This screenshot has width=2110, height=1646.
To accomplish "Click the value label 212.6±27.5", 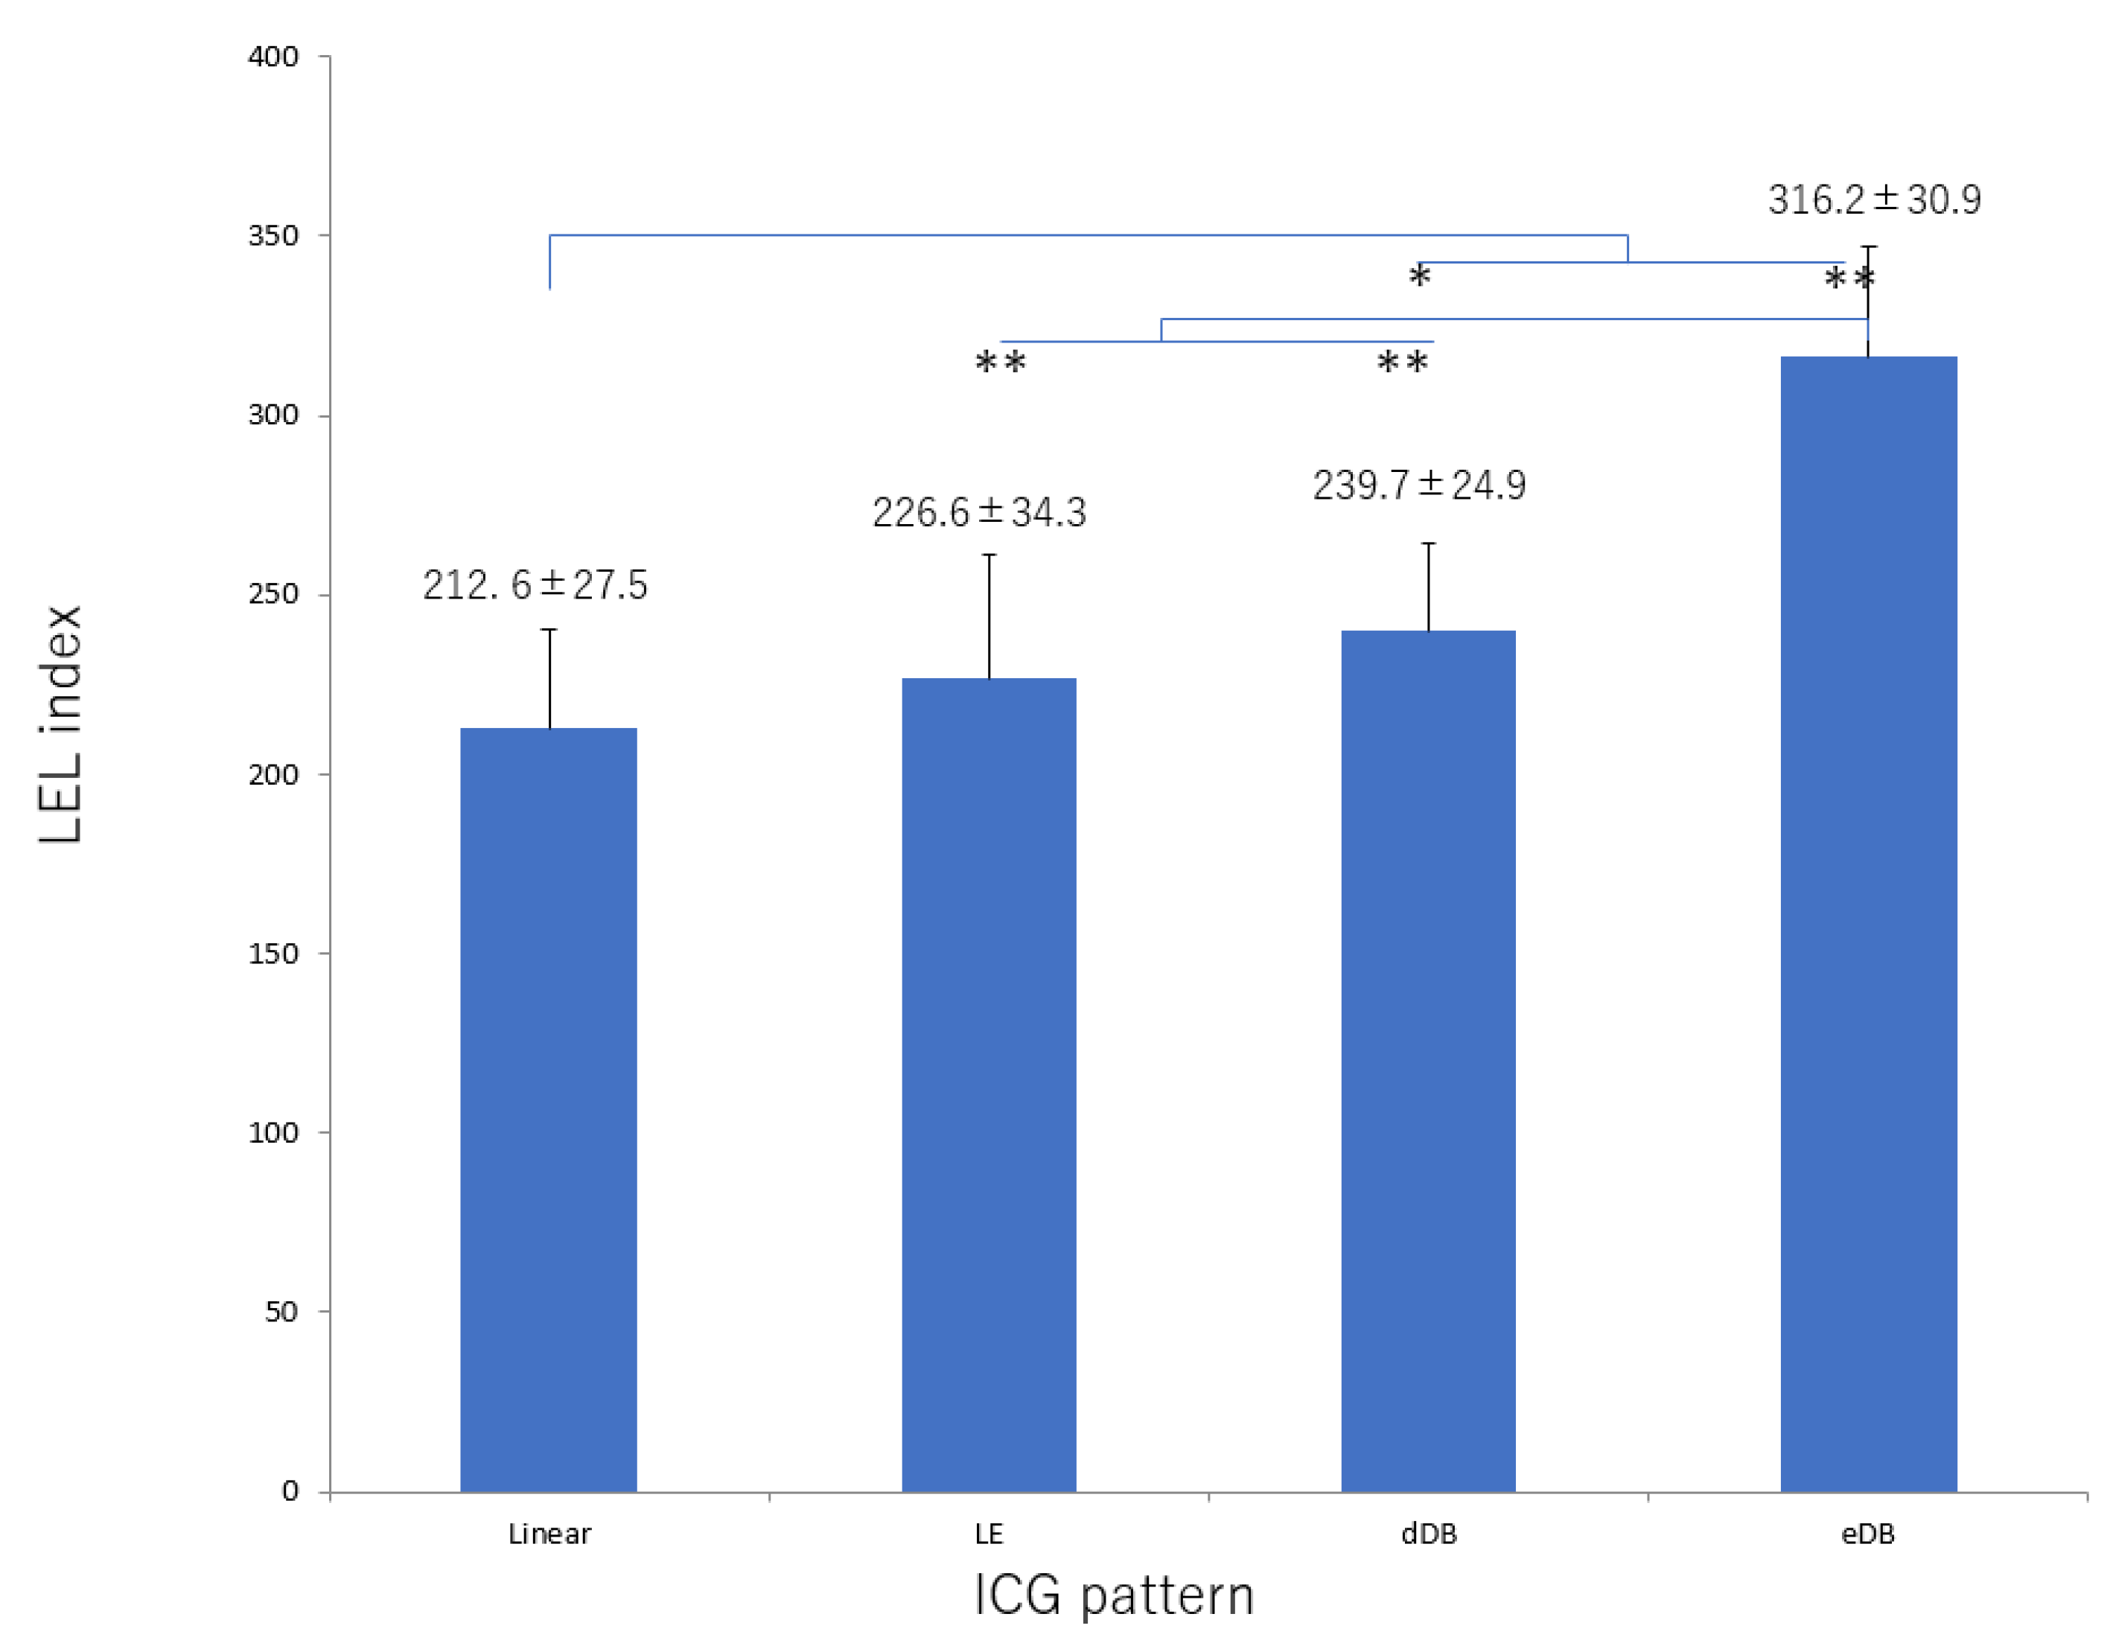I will pos(535,585).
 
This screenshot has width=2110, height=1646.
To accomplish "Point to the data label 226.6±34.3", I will pos(978,513).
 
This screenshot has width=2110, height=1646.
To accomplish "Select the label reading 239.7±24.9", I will pos(1418,485).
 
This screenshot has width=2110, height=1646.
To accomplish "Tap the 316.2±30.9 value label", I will pos(1874,200).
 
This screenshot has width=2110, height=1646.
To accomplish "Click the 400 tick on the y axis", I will pos(273,57).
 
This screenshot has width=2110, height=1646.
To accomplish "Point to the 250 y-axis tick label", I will pos(273,594).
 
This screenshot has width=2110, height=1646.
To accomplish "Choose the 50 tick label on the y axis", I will pos(281,1312).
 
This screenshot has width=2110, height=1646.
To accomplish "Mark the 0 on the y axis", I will pos(290,1491).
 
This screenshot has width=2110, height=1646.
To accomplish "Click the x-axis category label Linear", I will pos(549,1534).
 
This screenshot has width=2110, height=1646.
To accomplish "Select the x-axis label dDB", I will pos(1428,1534).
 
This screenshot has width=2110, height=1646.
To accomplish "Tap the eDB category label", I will pos(1867,1534).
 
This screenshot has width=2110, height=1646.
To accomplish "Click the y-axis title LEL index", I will pos(60,724).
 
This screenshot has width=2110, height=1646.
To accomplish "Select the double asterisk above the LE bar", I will pos(1000,365).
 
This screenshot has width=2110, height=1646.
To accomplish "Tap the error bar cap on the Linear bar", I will pos(549,630).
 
